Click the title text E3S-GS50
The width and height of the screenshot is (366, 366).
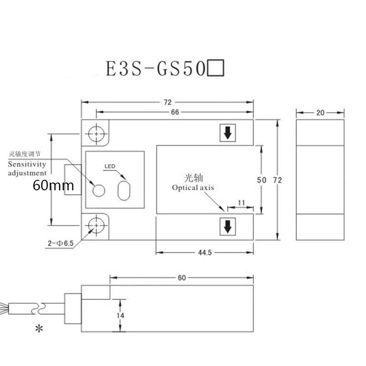pos(156,70)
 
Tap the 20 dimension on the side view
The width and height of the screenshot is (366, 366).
pos(320,112)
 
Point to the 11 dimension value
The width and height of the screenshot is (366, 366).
pos(241,202)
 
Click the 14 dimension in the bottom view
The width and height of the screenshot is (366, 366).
pos(120,315)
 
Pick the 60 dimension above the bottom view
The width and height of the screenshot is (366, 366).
pos(182,278)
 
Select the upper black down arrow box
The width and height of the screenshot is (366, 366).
pos(227,134)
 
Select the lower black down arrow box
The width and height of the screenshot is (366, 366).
pos(227,226)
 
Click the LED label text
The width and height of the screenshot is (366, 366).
pos(109,166)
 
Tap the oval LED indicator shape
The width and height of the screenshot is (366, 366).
pos(124,189)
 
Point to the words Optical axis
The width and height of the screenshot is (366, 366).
pos(193,188)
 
